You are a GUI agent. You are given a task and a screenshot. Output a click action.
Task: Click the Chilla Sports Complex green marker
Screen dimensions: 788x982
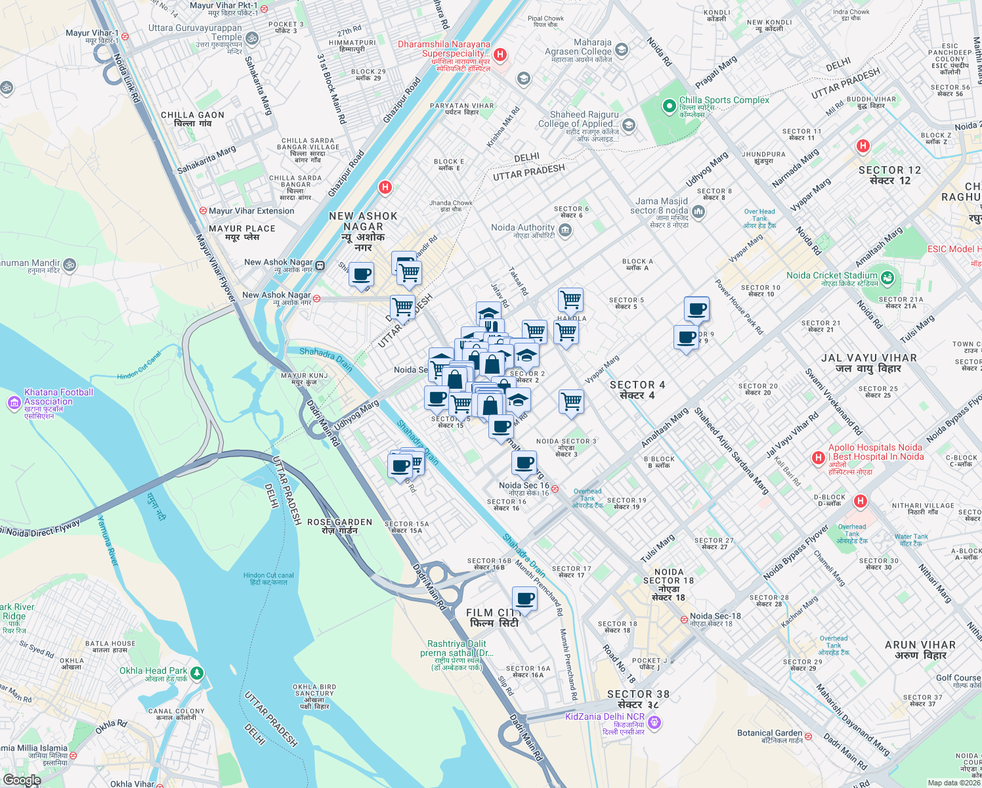(669, 106)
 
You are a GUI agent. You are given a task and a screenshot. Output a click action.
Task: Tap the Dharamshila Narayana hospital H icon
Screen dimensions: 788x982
(500, 55)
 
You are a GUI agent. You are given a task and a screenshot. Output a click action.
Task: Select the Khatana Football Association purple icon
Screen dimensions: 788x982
(14, 403)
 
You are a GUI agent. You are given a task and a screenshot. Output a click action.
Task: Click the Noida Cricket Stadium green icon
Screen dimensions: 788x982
(887, 278)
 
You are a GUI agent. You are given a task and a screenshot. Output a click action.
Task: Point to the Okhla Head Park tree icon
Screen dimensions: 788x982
(197, 673)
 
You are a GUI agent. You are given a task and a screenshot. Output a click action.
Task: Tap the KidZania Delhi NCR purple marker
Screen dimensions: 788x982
(654, 723)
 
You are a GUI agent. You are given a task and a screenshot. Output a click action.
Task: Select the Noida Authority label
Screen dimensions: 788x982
(523, 228)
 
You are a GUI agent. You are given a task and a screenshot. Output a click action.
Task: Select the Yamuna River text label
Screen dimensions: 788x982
(108, 541)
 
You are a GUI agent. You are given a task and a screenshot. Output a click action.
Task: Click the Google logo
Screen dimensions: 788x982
(22, 780)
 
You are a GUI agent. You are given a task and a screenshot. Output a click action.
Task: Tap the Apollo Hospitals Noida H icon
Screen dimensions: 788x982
(818, 458)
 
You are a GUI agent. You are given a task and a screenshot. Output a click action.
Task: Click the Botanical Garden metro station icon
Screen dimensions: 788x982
(809, 737)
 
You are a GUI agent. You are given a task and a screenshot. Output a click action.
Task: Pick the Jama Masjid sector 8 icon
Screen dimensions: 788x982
(698, 211)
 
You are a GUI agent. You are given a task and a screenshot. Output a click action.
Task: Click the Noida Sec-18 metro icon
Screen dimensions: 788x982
(684, 619)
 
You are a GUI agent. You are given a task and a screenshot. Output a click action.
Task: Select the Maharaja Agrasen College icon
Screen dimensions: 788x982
(622, 49)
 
